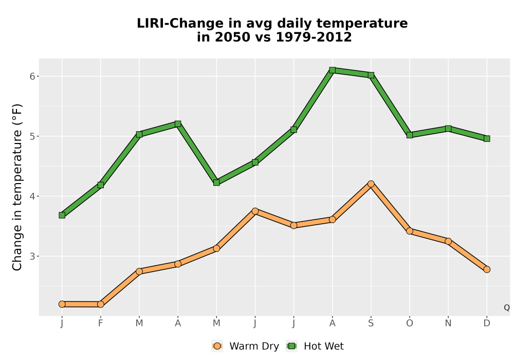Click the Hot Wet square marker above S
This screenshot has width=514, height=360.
click(371, 75)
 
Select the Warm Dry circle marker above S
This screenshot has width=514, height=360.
click(371, 184)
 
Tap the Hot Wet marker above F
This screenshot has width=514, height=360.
click(101, 185)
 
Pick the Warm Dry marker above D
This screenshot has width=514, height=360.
click(487, 269)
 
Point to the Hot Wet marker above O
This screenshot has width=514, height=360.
click(410, 135)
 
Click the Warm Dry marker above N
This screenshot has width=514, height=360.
click(448, 241)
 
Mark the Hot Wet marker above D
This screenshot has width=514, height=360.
click(487, 139)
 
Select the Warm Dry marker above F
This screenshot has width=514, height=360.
click(101, 304)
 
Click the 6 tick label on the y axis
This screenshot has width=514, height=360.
click(32, 77)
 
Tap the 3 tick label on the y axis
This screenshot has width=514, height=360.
click(32, 257)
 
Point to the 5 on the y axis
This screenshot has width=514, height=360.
click(32, 136)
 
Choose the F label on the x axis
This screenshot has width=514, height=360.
click(101, 323)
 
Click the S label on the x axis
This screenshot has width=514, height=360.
click(371, 323)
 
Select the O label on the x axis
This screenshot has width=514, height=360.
click(410, 323)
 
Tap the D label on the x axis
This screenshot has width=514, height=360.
click(487, 323)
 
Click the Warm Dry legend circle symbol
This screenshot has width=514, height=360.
click(217, 346)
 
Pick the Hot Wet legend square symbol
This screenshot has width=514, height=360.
click(291, 346)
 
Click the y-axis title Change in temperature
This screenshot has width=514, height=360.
click(17, 187)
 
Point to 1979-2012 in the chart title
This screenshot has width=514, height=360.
click(314, 37)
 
